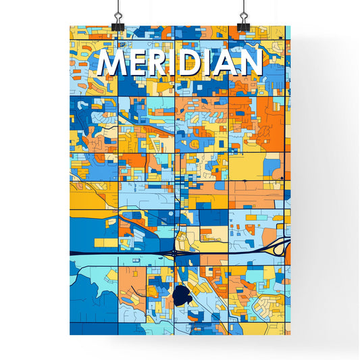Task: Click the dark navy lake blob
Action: [x=181, y=295]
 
